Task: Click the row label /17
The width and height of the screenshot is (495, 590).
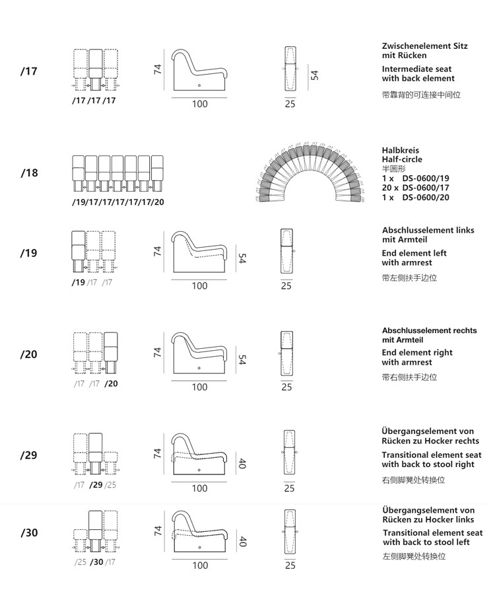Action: [x=28, y=71]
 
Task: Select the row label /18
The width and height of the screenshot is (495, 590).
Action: [x=29, y=173]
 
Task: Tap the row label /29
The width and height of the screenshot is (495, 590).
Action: [x=28, y=455]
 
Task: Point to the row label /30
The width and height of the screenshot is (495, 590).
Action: [x=29, y=533]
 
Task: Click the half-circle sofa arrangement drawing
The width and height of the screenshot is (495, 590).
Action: [x=310, y=173]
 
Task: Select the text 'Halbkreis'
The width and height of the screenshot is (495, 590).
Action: [x=400, y=150]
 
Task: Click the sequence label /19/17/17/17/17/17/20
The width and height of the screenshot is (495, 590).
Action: [x=118, y=202]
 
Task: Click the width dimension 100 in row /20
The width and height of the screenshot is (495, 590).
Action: [x=199, y=388]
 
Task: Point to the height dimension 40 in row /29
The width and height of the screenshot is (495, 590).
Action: [x=242, y=463]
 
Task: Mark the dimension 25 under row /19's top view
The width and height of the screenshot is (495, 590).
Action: [x=286, y=286]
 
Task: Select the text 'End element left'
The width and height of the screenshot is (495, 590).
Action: [x=414, y=253]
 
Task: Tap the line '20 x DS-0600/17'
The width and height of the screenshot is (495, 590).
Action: [x=415, y=188]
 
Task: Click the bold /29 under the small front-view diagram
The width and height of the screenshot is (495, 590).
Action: [x=96, y=485]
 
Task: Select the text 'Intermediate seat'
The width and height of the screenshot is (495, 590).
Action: [x=416, y=69]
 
